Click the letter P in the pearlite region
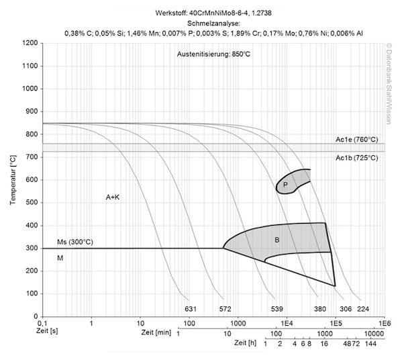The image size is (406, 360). pyautogui.click(x=285, y=185)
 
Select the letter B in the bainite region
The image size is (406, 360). pyautogui.click(x=276, y=240)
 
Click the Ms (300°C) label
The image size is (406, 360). pyautogui.click(x=74, y=242)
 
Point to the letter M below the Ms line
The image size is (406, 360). pyautogui.click(x=60, y=258)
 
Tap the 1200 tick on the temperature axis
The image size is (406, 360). pyautogui.click(x=30, y=43)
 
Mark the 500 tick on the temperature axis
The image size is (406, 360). pyautogui.click(x=32, y=203)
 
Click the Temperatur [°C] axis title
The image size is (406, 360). pyautogui.click(x=13, y=180)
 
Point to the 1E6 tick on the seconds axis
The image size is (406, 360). pyautogui.click(x=385, y=324)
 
